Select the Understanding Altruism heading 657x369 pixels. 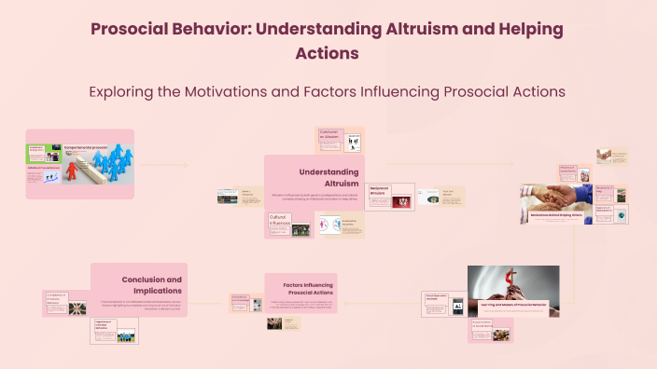pyautogui.click(x=328, y=177)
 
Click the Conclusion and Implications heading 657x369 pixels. pyautogui.click(x=151, y=284)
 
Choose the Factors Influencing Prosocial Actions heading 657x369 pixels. pyautogui.click(x=301, y=286)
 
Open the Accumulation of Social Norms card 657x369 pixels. pyautogui.click(x=490, y=329)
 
